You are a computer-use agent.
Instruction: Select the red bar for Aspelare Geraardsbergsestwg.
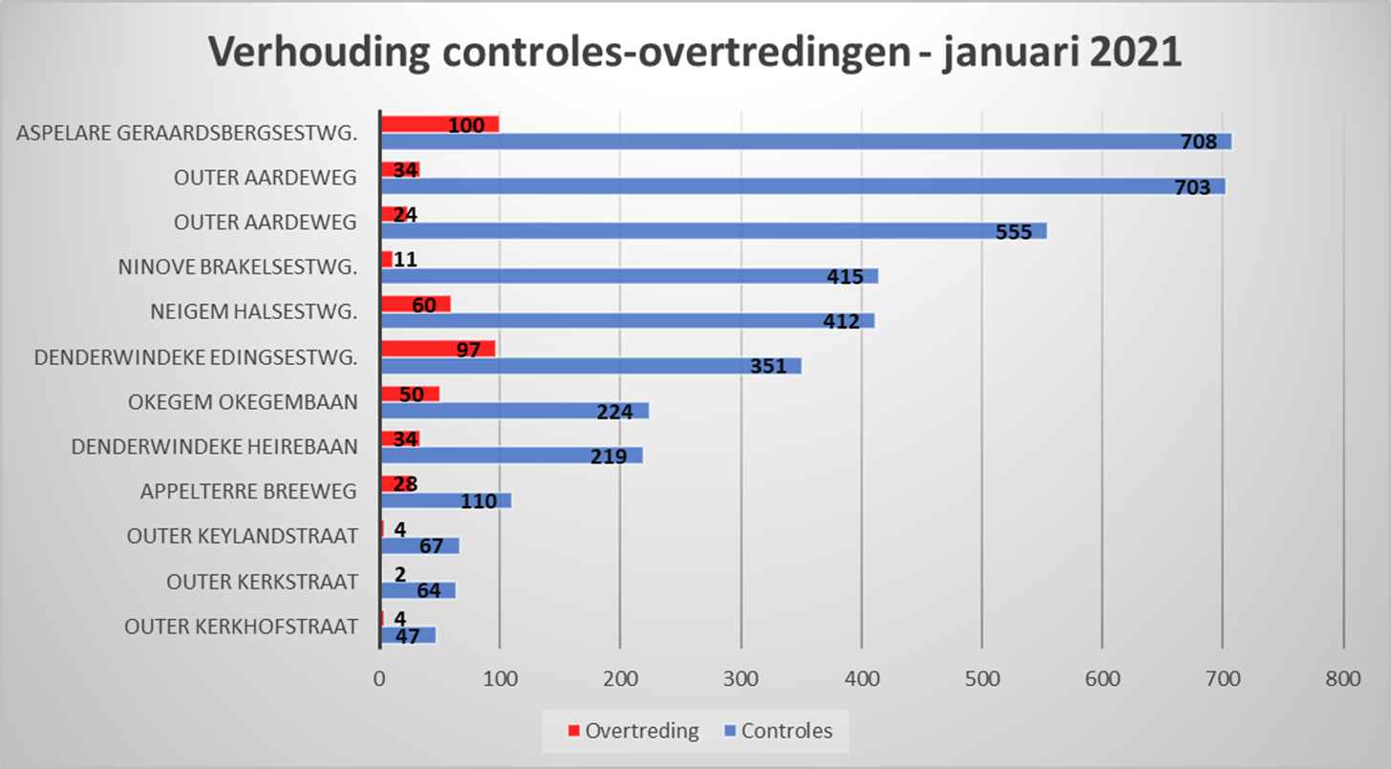[439, 124]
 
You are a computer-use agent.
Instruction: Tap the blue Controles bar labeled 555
[712, 231]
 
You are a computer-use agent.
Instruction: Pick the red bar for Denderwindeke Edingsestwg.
[438, 349]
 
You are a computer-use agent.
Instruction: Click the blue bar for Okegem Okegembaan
[514, 411]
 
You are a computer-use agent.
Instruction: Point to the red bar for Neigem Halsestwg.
[416, 304]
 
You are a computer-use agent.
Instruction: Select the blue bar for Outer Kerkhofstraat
[408, 635]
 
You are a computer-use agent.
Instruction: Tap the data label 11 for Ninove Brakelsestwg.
[405, 259]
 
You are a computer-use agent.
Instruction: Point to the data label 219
[608, 456]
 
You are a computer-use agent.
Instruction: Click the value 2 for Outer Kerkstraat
[399, 573]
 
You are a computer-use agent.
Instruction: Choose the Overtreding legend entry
[633, 732]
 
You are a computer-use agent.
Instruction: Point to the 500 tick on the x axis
[981, 679]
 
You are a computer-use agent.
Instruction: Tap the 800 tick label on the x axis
[1342, 679]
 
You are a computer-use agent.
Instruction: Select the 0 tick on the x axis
[380, 679]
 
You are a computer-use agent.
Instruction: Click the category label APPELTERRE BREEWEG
[248, 492]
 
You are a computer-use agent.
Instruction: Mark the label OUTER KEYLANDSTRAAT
[243, 537]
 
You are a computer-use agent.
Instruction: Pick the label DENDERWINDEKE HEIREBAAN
[215, 446]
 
